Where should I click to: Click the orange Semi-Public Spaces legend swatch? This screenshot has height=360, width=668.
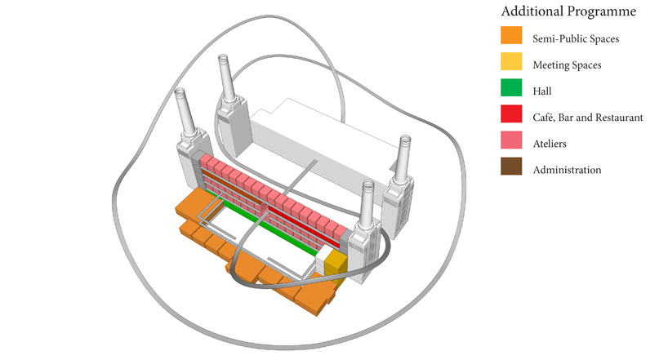pyautogui.click(x=511, y=35)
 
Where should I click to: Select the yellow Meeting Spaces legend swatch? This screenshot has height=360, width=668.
pyautogui.click(x=511, y=61)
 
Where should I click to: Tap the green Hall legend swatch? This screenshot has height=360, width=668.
pyautogui.click(x=511, y=87)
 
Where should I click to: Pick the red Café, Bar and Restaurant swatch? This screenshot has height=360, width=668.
pyautogui.click(x=511, y=113)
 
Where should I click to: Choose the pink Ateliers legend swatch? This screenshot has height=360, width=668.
pyautogui.click(x=511, y=140)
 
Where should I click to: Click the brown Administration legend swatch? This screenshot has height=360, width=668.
pyautogui.click(x=511, y=167)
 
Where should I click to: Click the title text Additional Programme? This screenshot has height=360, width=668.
pyautogui.click(x=568, y=11)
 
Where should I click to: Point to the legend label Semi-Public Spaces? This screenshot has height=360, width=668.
pyautogui.click(x=576, y=38)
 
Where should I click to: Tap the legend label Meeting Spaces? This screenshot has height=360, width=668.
pyautogui.click(x=567, y=65)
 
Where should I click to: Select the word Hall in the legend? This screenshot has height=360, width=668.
pyautogui.click(x=542, y=91)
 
